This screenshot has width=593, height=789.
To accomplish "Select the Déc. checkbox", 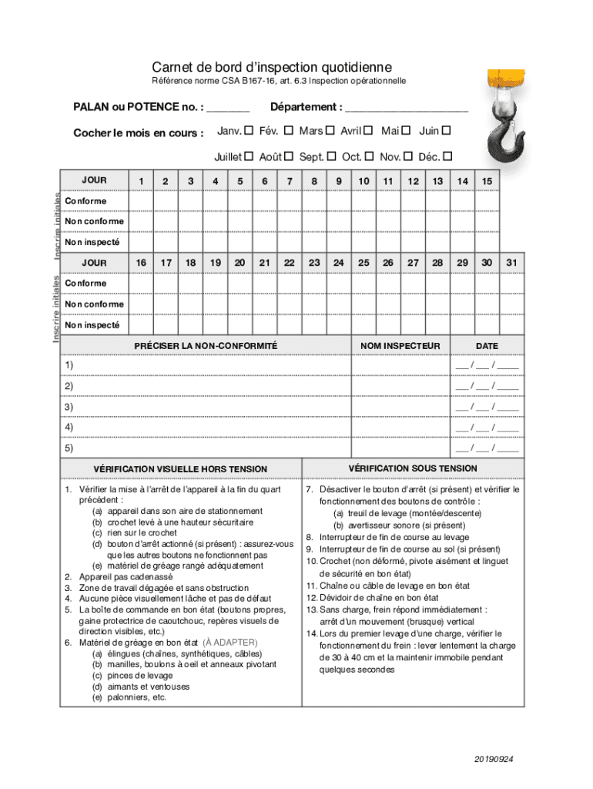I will (447, 156).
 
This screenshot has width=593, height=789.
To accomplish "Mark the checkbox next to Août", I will (288, 156).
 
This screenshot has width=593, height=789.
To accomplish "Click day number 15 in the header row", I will (487, 180).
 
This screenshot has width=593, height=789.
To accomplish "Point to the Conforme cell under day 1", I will (141, 201).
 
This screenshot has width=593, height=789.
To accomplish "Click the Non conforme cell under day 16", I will (141, 304).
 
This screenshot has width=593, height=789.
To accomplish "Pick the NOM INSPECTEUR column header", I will (400, 346).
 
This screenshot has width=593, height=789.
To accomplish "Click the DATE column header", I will (487, 346).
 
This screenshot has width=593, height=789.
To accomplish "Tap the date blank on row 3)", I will (487, 407).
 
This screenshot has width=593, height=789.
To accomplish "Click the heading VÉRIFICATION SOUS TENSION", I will (413, 468).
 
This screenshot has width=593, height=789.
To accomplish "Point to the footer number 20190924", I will (494, 759).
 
